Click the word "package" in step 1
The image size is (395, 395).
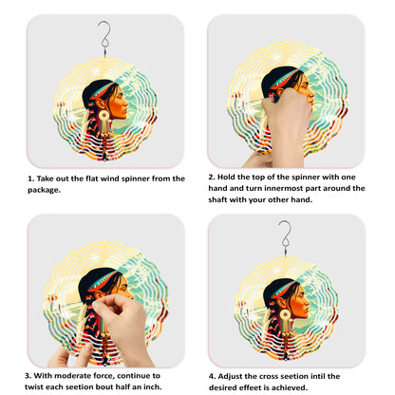pyautogui.click(x=43, y=190)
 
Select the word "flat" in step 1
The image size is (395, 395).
pyautogui.click(x=92, y=179)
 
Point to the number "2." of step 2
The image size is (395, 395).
pyautogui.click(x=212, y=177)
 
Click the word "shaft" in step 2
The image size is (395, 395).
pyautogui.click(x=217, y=199)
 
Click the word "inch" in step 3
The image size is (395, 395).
pyautogui.click(x=153, y=386)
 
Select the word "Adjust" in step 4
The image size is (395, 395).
pyautogui.click(x=230, y=376)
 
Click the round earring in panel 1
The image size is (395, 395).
pyautogui.click(x=103, y=116)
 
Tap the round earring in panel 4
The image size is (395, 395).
pyautogui.click(x=285, y=315)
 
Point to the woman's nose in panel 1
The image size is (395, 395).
pyautogui.click(x=125, y=103)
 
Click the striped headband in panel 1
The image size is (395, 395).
pyautogui.click(x=102, y=91)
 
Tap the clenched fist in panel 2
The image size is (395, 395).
pyautogui.click(x=287, y=111)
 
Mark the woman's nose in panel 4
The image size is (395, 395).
pyautogui.click(x=307, y=303)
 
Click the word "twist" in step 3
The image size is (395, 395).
pyautogui.click(x=34, y=386)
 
